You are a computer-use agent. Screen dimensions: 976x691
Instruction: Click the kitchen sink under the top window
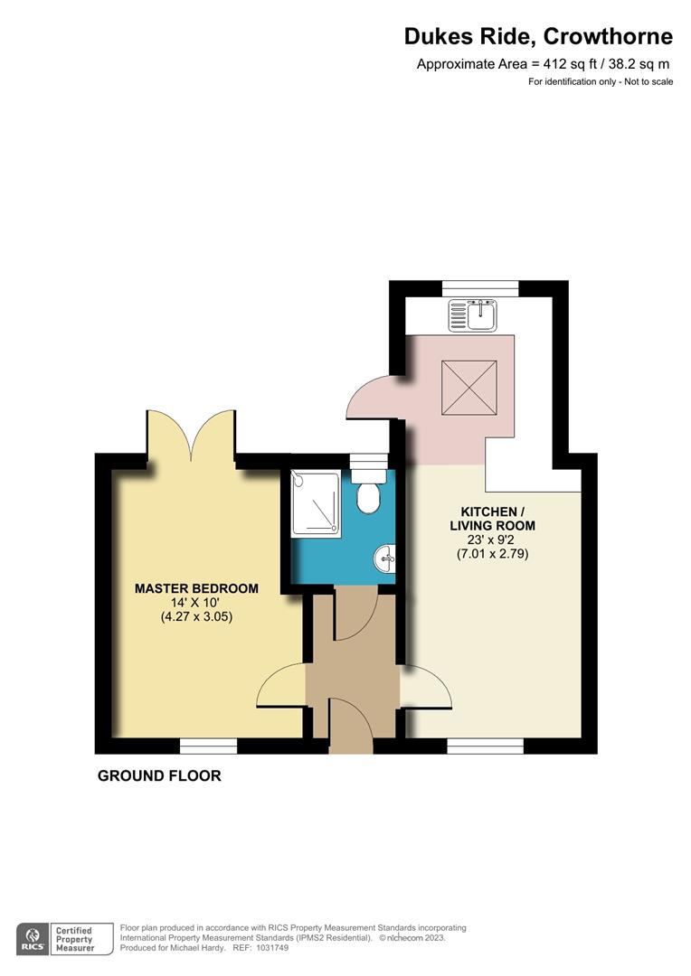pyautogui.click(x=470, y=315)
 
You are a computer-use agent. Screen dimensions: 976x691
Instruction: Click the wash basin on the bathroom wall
pyautogui.click(x=386, y=558)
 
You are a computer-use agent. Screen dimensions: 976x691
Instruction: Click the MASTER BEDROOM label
pyautogui.click(x=196, y=588)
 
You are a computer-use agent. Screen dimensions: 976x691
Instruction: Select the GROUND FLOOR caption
pyautogui.click(x=159, y=775)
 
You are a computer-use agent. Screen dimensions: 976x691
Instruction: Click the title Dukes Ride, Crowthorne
pyautogui.click(x=538, y=37)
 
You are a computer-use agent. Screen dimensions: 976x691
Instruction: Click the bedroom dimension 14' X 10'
pyautogui.click(x=196, y=604)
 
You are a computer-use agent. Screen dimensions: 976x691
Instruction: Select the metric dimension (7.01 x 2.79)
pyautogui.click(x=492, y=554)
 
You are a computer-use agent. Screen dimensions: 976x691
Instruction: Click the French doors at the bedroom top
pyautogui.click(x=190, y=435)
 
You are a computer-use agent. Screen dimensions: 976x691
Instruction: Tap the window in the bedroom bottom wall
pyautogui.click(x=208, y=746)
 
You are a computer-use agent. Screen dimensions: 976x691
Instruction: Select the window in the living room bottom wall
pyautogui.click(x=486, y=746)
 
